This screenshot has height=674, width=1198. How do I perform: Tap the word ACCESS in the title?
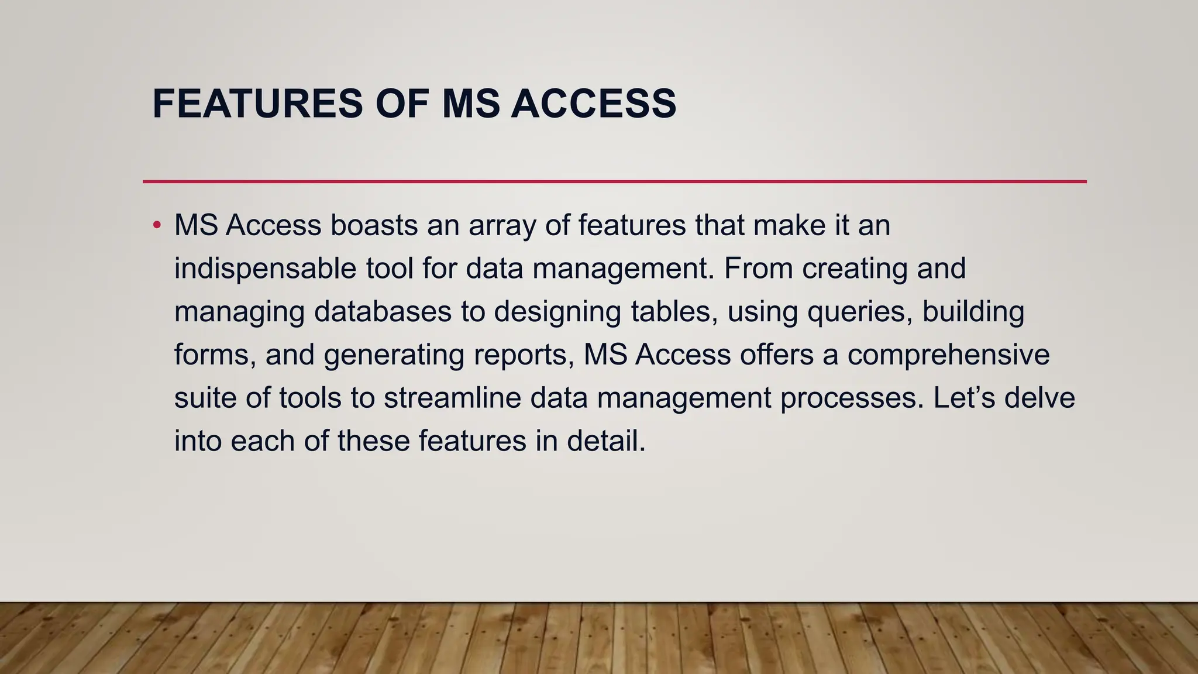coord(593,104)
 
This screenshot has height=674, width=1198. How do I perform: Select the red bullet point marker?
coord(156,226)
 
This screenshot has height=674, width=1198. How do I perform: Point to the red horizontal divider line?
coord(614,182)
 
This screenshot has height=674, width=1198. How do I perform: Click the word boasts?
coord(374,226)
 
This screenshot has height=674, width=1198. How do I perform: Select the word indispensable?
coord(265,269)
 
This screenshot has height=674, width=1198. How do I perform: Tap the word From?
coord(758,269)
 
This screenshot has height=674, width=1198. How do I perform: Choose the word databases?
coord(383,312)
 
